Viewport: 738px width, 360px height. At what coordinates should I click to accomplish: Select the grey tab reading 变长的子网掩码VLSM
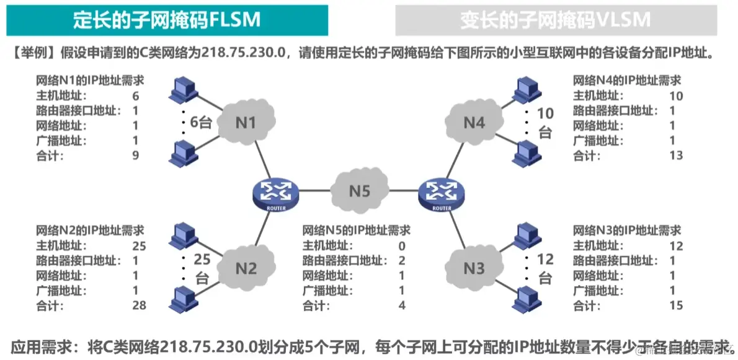(556, 20)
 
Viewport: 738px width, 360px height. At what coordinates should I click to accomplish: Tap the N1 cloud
(246, 123)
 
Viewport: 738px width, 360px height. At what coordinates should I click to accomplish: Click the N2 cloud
(246, 268)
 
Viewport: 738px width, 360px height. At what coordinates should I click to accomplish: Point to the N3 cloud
(474, 268)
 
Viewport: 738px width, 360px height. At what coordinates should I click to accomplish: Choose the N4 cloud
(474, 123)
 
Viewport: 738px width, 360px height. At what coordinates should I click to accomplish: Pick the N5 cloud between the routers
(359, 191)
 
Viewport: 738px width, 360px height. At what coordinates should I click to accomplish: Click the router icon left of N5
(276, 195)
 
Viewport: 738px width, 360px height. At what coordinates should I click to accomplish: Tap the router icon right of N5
(442, 195)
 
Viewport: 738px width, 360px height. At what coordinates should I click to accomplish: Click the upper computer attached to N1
(182, 90)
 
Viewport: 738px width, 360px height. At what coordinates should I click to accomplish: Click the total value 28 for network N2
(139, 305)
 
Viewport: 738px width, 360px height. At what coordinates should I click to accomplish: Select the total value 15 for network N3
(676, 305)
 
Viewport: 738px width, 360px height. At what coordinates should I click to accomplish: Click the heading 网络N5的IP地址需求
(356, 230)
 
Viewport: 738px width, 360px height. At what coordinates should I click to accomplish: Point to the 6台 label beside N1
(201, 122)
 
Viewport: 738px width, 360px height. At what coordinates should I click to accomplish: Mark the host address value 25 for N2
(139, 245)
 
